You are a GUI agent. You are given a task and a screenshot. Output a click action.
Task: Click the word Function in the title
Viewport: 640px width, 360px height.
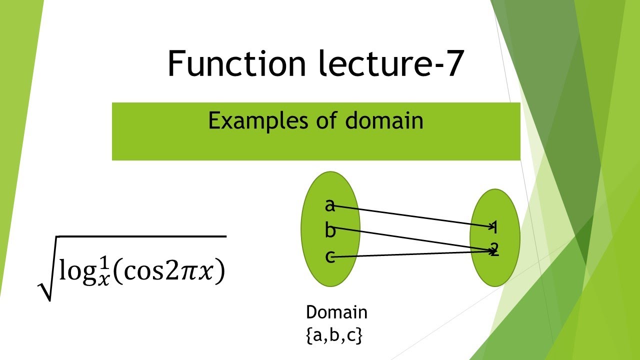point(236,64)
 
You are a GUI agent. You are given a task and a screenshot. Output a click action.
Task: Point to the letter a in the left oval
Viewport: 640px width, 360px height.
point(329,205)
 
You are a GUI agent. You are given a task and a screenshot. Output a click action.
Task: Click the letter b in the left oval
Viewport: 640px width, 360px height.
point(330,230)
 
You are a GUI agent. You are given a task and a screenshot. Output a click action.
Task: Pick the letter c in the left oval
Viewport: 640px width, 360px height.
point(329,257)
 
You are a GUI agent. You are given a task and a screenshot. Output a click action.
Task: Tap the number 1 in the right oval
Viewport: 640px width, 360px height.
point(494,228)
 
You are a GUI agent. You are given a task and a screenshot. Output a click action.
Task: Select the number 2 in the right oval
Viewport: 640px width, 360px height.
point(494,249)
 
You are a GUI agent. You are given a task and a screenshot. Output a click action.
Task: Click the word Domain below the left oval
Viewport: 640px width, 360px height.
point(336,313)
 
